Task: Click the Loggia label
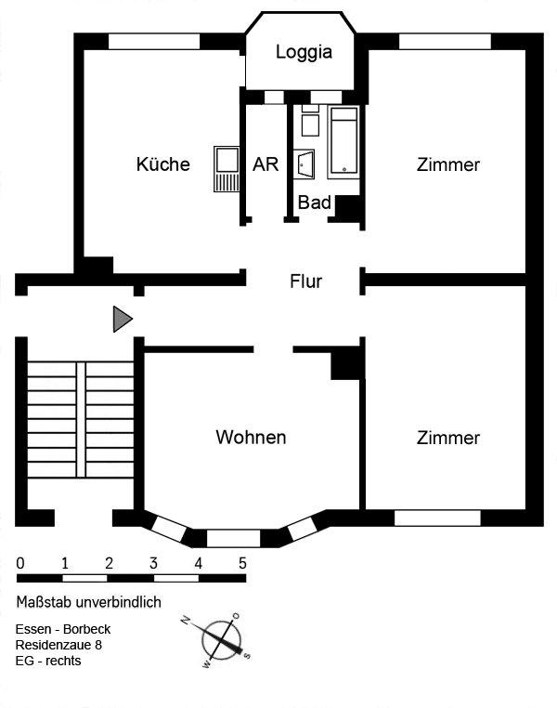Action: click(x=304, y=52)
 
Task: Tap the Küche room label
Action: click(x=162, y=164)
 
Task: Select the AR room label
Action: click(x=266, y=164)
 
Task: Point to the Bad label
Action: click(x=314, y=202)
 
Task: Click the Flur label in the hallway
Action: click(x=305, y=281)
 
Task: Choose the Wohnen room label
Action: click(x=250, y=437)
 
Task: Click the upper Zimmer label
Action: click(x=448, y=165)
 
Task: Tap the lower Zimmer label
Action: click(x=448, y=438)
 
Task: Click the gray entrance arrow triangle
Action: click(x=122, y=319)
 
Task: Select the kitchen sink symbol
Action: click(x=226, y=166)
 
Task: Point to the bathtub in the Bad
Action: click(x=343, y=141)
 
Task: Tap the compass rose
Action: click(x=222, y=638)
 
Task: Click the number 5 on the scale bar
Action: click(x=242, y=563)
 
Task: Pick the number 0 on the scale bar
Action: click(x=20, y=563)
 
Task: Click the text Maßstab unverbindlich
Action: click(x=88, y=602)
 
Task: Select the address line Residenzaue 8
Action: click(x=59, y=644)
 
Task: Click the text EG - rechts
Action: click(x=48, y=662)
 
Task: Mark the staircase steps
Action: click(x=80, y=417)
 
